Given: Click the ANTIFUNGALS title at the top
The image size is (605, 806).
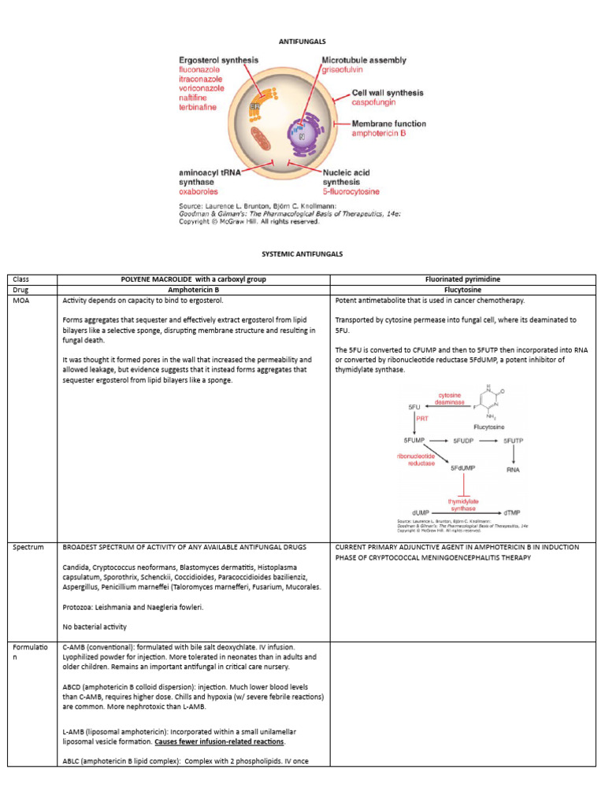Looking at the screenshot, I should click(302, 40).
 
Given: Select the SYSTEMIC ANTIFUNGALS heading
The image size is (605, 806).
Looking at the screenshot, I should click(302, 254).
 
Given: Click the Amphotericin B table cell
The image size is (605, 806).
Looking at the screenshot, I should click(195, 290).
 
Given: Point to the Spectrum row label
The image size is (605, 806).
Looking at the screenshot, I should click(28, 547).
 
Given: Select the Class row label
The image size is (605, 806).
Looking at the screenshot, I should click(21, 279).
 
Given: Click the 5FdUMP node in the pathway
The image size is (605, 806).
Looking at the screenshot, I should click(463, 468).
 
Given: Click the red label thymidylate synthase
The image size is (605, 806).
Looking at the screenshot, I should click(463, 505).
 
